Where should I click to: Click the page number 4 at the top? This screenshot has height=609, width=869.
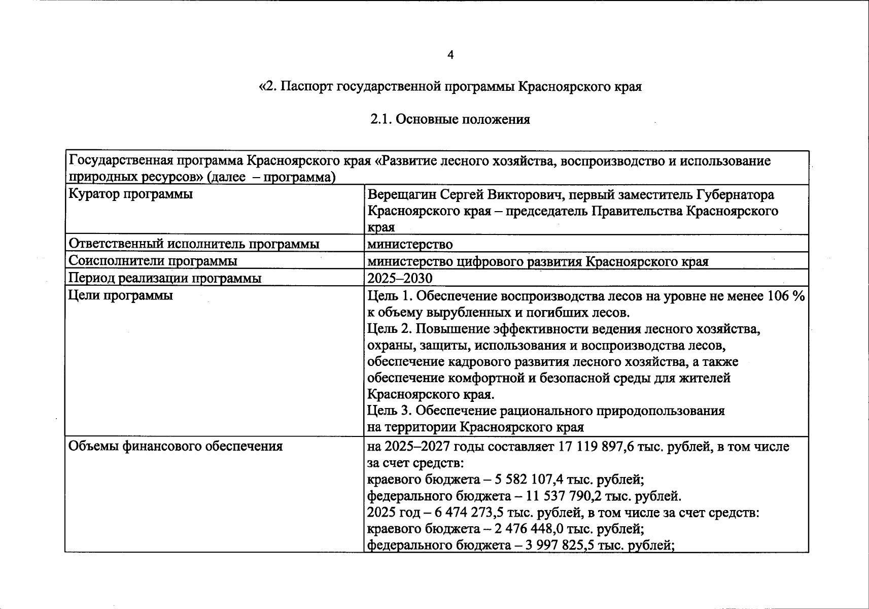(450, 55)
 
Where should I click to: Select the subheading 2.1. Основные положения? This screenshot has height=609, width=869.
(450, 119)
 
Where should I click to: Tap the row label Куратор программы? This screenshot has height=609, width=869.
(131, 194)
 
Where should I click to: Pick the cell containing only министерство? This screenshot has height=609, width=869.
(410, 244)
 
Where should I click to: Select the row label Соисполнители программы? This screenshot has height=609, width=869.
(153, 261)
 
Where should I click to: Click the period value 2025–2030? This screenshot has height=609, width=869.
(400, 278)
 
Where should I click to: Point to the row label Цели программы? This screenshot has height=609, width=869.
(121, 295)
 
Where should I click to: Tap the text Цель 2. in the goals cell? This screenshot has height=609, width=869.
(390, 329)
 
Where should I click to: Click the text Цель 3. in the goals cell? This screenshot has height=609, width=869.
(390, 411)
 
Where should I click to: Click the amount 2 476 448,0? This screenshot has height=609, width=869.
(529, 529)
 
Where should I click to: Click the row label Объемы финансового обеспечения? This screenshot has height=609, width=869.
(176, 446)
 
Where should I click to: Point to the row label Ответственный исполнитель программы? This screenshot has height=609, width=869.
(194, 244)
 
